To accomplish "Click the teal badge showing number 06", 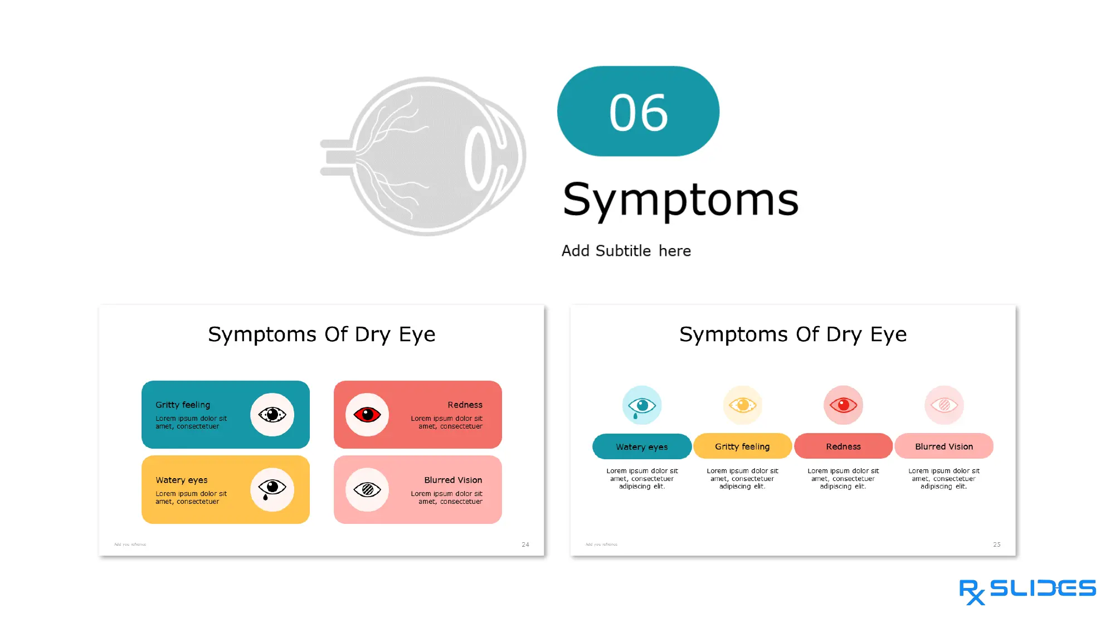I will click(638, 111).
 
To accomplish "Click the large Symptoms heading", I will click(680, 200).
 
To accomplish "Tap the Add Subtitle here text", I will click(626, 251).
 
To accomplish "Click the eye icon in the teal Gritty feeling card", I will click(272, 415).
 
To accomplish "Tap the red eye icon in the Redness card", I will click(367, 415).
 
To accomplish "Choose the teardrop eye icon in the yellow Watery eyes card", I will click(272, 489).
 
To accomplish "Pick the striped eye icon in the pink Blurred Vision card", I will click(367, 490).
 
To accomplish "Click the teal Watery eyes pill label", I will click(642, 446).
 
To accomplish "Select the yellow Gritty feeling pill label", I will click(742, 446).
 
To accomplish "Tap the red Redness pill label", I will click(843, 446).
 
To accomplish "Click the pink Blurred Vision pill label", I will click(944, 446).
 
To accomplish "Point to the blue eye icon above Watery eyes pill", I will click(642, 405).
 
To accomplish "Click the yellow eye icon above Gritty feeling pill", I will click(742, 405).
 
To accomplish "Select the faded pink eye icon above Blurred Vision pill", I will click(944, 405).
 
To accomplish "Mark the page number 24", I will click(525, 545).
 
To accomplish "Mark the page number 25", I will click(996, 545).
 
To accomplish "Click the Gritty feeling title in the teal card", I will click(183, 405).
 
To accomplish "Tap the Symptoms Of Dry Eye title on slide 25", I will click(793, 334).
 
